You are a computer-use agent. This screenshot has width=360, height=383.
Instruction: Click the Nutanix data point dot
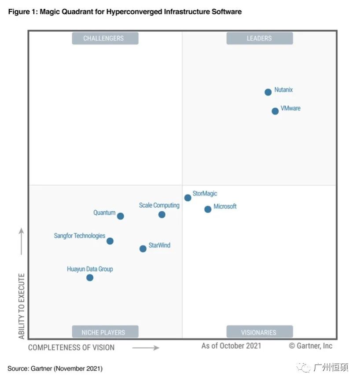point(268,92)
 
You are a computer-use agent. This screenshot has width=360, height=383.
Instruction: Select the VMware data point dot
point(275,111)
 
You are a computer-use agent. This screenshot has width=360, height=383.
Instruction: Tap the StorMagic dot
point(187,198)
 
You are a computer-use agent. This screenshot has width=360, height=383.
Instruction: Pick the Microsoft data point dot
point(208,209)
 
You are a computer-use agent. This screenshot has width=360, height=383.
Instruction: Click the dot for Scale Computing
point(162,214)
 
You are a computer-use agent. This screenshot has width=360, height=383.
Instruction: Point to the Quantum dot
point(120,216)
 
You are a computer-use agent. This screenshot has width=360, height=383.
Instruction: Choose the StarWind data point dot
point(143,249)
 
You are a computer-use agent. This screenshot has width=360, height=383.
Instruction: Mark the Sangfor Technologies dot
point(110,241)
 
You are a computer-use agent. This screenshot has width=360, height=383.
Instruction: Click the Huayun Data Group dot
point(90,277)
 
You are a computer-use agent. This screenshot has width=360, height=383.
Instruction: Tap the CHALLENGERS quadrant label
point(105,38)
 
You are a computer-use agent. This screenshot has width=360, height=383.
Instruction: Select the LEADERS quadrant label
point(259,38)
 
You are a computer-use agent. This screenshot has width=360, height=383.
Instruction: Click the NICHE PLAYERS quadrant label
point(105,332)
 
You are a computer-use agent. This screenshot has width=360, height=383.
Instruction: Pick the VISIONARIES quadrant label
point(259,332)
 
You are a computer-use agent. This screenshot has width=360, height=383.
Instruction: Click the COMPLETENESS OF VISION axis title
point(71,347)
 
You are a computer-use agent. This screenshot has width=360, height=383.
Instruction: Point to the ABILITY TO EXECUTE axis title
point(22,306)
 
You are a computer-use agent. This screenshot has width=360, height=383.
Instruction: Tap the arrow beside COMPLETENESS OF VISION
point(146,348)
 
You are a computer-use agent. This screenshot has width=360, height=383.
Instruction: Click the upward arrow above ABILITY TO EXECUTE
point(21,241)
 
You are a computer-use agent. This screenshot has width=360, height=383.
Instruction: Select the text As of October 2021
point(231,346)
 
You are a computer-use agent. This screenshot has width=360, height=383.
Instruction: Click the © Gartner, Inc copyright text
point(311,346)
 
